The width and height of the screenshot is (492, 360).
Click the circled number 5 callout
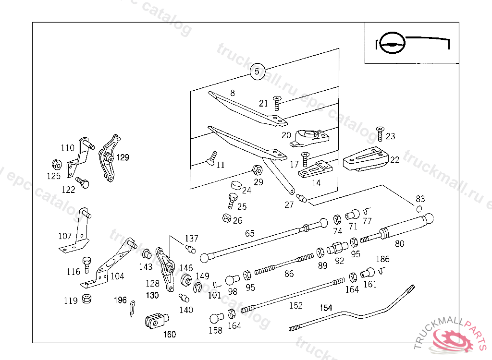click(x=257, y=72)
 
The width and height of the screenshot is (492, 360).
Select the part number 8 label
click(x=233, y=93)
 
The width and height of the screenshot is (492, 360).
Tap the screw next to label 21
click(x=277, y=102)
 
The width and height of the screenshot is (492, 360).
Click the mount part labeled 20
click(x=312, y=137)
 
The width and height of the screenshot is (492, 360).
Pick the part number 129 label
click(x=123, y=157)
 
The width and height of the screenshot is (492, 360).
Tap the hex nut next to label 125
click(x=56, y=164)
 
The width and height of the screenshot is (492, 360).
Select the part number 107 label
click(x=65, y=236)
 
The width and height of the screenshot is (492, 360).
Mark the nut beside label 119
click(x=87, y=298)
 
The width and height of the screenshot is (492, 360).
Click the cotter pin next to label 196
click(x=133, y=308)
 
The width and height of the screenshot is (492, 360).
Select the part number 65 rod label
click(x=250, y=234)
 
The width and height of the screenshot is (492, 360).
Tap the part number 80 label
click(x=399, y=243)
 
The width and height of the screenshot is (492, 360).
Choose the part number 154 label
click(x=326, y=308)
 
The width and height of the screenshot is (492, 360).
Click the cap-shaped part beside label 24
click(x=235, y=184)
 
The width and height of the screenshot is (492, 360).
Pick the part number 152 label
click(x=296, y=305)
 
